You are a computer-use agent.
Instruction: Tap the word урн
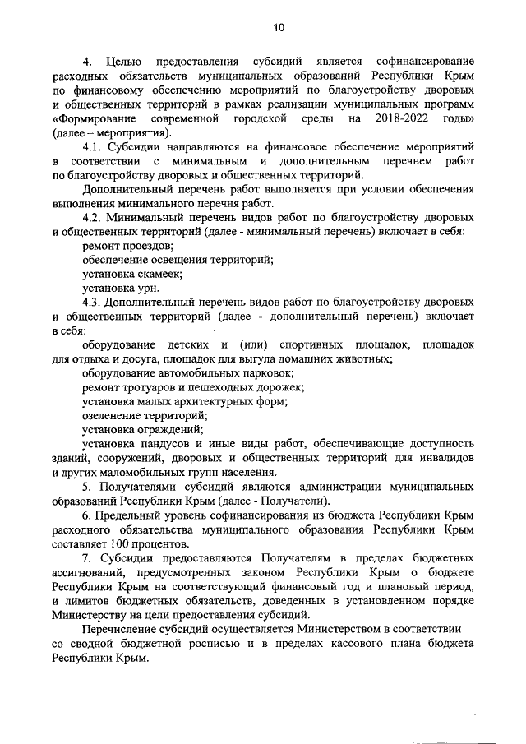pyautogui.click(x=149, y=288)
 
